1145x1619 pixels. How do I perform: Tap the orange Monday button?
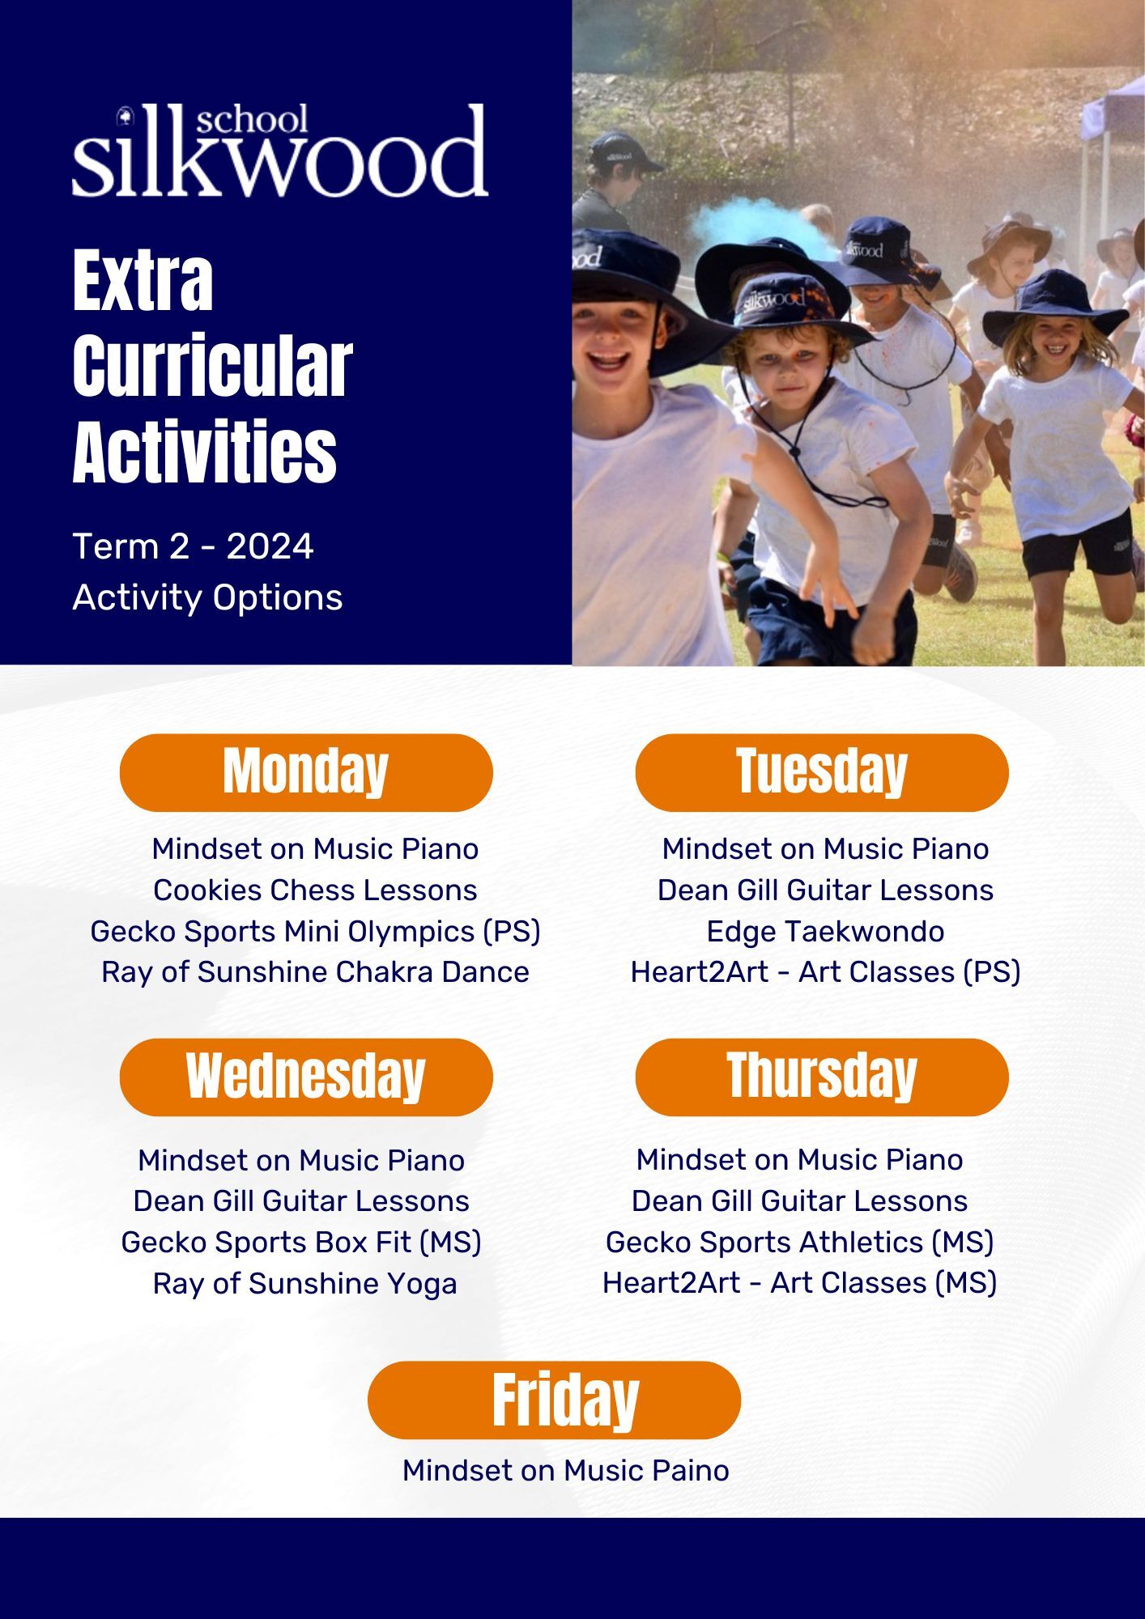tap(306, 772)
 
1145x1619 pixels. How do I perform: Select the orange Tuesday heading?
tap(822, 772)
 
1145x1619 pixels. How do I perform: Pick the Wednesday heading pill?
tap(306, 1077)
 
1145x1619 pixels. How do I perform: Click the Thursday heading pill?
tap(822, 1077)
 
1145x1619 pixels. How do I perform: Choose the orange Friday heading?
tap(554, 1400)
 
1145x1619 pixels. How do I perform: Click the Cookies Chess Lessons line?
tap(315, 890)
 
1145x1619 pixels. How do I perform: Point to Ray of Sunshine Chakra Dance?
tap(315, 971)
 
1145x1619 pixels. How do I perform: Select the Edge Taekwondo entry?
tap(825, 932)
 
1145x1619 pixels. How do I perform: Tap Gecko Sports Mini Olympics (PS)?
tap(315, 932)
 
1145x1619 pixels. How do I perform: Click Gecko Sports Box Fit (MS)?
tap(301, 1243)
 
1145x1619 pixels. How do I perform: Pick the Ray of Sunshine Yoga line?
tap(304, 1284)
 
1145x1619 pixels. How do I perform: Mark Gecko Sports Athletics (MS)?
tap(799, 1243)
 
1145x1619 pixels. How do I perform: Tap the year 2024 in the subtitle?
tap(270, 546)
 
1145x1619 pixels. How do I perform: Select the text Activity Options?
tap(207, 598)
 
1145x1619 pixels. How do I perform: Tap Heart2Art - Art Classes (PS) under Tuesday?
tap(825, 972)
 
